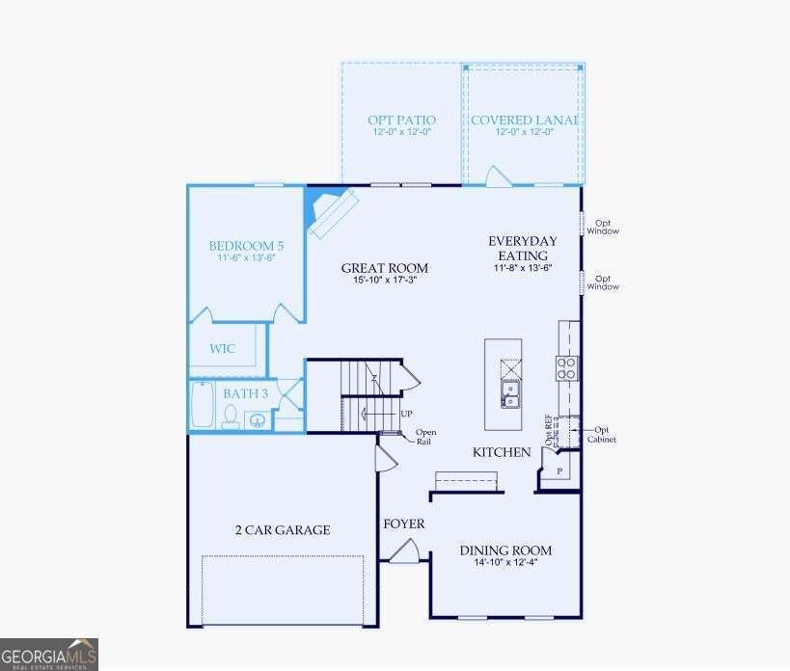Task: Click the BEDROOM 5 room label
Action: (246, 246)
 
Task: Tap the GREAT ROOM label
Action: (384, 268)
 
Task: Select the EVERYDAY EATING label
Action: (523, 248)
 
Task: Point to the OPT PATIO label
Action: (401, 121)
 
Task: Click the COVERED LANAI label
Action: (524, 121)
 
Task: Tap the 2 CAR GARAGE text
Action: (283, 529)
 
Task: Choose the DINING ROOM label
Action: (505, 550)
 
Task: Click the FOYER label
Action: (404, 523)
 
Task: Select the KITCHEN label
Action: (501, 452)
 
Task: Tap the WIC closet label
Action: (224, 349)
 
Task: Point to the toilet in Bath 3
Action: (231, 416)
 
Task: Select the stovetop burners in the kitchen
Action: (566, 367)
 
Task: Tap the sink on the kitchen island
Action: (510, 392)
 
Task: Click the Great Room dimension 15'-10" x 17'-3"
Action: (384, 281)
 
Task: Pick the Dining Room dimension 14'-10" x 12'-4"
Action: (505, 563)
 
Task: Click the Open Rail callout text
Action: (424, 437)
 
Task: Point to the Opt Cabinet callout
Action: (603, 435)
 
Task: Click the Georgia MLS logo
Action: (49, 655)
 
